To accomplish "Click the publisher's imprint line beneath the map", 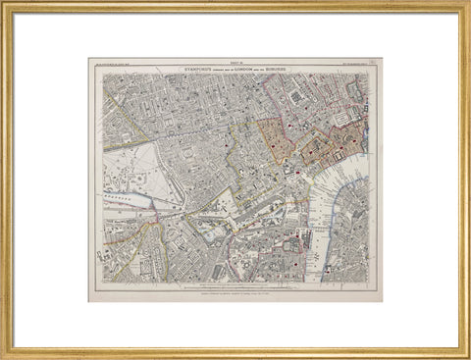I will point(235,291).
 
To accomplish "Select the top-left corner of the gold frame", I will point(3,3).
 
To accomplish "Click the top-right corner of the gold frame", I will point(467,3).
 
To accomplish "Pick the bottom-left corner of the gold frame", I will point(3,356).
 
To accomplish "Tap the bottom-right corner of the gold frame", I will point(467,356).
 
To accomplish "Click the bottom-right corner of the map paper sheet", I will point(383,301).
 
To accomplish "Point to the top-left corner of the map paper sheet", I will point(88,58).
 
